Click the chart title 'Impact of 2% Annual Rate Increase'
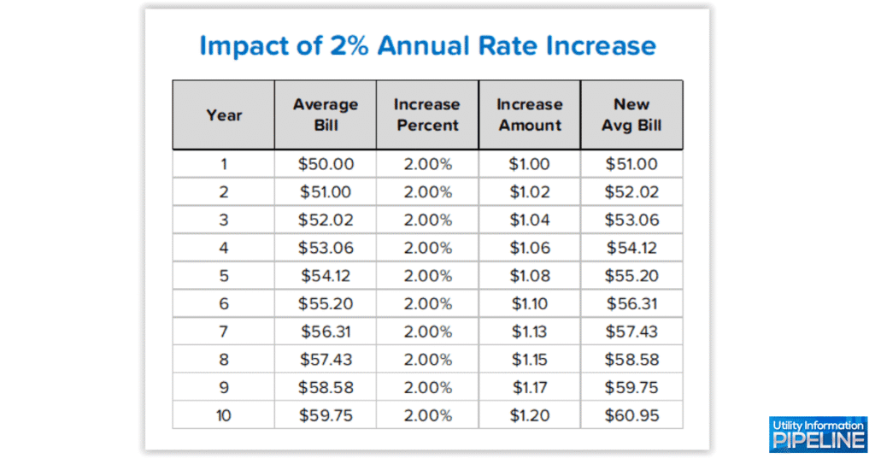click(x=427, y=45)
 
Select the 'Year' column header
click(x=224, y=114)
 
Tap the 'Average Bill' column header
click(x=326, y=114)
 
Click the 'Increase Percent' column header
click(x=427, y=114)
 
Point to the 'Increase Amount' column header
click(x=530, y=114)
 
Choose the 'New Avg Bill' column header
click(x=631, y=114)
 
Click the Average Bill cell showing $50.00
click(x=326, y=164)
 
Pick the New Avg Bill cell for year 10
click(x=631, y=416)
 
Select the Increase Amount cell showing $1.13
click(x=530, y=332)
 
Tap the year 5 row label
click(x=224, y=276)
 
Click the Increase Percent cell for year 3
click(x=427, y=220)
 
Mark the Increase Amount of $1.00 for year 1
click(x=530, y=164)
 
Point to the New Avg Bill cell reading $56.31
click(x=631, y=303)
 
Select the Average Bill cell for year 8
click(x=326, y=360)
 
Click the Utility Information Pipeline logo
click(x=818, y=434)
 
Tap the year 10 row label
click(x=224, y=416)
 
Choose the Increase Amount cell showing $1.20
click(x=530, y=416)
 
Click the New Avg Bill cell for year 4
click(x=631, y=248)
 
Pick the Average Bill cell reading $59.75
click(x=326, y=416)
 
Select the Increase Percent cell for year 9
click(x=427, y=388)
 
